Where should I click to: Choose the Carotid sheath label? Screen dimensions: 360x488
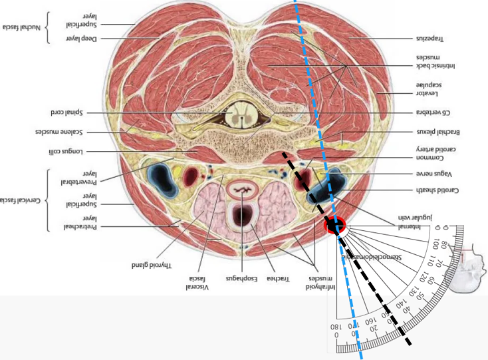[x=437, y=190]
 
